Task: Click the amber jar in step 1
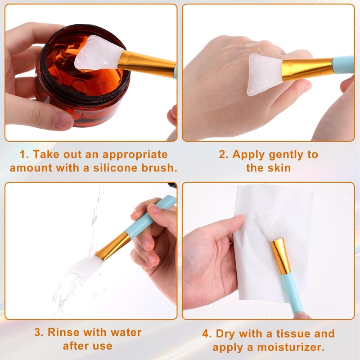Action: pos(81,85)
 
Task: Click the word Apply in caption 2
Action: pos(249,154)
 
